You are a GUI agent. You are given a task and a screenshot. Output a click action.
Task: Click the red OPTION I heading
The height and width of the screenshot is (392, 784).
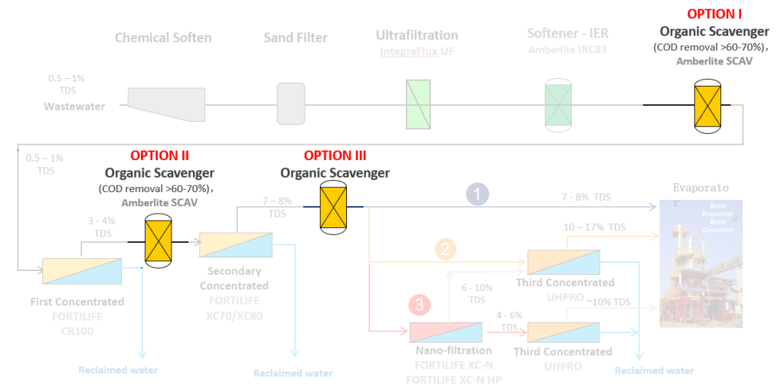[714, 14]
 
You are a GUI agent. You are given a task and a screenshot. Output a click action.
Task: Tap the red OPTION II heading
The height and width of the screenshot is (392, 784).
[159, 156]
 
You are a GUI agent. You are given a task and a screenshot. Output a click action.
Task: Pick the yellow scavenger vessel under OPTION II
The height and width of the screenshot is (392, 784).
[158, 241]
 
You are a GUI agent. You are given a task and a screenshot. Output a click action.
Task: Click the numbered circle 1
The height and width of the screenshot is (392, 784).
[478, 195]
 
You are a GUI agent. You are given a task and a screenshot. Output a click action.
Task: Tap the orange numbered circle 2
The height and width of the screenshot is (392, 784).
[446, 249]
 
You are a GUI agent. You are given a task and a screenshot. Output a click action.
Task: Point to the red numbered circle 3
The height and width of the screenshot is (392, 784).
[418, 305]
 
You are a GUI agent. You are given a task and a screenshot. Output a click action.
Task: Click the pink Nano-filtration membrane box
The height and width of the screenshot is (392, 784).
[446, 332]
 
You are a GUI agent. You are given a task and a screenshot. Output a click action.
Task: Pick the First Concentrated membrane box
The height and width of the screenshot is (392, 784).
[82, 271]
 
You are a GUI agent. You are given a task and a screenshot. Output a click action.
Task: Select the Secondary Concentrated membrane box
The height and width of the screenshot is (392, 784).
[236, 244]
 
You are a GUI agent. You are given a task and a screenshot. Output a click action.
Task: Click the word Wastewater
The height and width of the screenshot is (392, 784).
[74, 106]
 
